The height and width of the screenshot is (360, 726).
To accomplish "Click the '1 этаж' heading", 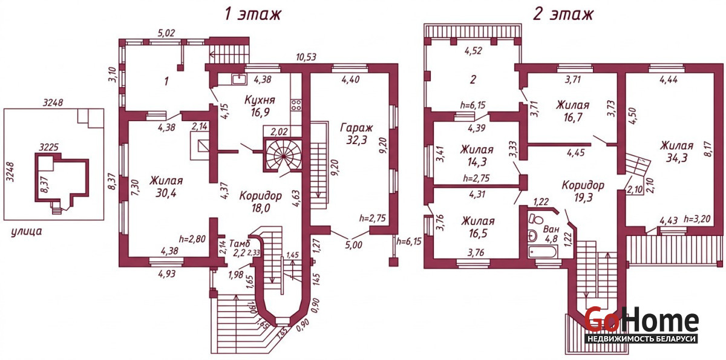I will pyautogui.click(x=252, y=14).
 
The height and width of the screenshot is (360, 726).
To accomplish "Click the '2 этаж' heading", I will pyautogui.click(x=563, y=14).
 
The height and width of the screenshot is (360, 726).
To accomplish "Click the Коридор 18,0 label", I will pyautogui.click(x=260, y=201).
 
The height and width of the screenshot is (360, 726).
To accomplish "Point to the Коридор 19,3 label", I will pyautogui.click(x=582, y=191).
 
